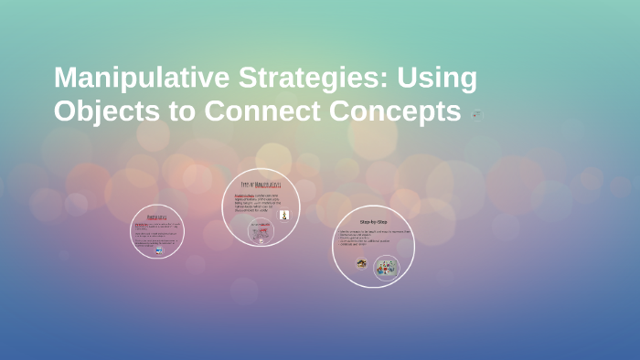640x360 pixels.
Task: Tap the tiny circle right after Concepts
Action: [475, 113]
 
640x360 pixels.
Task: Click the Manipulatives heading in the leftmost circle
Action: [157, 217]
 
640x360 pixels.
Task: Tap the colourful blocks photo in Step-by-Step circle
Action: [386, 267]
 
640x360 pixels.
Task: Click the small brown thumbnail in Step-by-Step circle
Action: [361, 263]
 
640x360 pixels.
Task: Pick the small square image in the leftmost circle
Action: [159, 249]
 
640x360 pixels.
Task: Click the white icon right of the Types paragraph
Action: [284, 215]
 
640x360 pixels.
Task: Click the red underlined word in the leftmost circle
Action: [140, 224]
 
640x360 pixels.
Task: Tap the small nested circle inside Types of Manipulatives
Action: [261, 232]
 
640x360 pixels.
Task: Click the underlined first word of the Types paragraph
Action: [244, 195]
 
